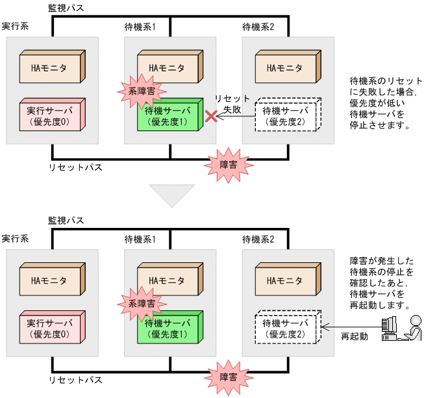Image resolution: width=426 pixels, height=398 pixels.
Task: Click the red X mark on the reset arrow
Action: point(210,116)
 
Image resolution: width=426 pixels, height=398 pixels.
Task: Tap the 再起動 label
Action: point(354,337)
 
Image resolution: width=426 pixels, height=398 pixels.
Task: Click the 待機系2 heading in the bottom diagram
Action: point(258,240)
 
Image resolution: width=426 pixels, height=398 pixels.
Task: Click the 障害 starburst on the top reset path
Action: point(227,164)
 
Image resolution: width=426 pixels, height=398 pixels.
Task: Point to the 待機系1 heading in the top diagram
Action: point(140,27)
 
